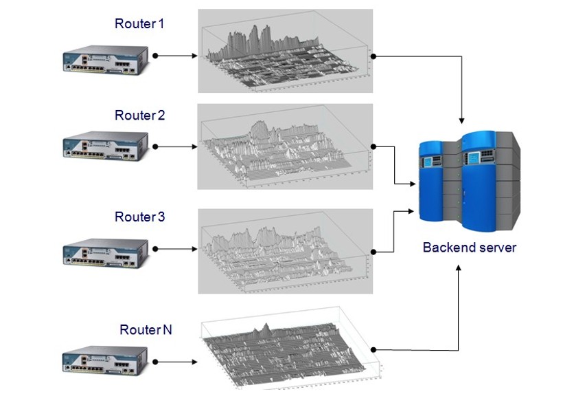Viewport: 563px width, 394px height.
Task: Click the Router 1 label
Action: pos(139,24)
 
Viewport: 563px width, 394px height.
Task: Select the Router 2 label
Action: pos(139,116)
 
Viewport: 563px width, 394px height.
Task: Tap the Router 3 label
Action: pos(139,217)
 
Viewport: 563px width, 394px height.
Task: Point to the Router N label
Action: pos(146,330)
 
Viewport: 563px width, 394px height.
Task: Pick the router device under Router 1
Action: pos(105,59)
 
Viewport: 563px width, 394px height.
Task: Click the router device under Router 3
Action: pos(105,252)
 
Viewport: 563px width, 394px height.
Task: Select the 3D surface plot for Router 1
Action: pos(285,51)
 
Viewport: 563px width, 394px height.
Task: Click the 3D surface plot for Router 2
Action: pos(285,146)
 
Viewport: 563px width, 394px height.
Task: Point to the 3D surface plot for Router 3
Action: pos(285,252)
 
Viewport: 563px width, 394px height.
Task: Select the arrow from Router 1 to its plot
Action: pos(176,56)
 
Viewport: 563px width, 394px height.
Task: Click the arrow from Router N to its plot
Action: pos(176,362)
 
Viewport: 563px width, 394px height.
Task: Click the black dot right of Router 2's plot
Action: pos(374,146)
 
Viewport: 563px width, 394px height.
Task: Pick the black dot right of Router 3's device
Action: pos(156,248)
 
